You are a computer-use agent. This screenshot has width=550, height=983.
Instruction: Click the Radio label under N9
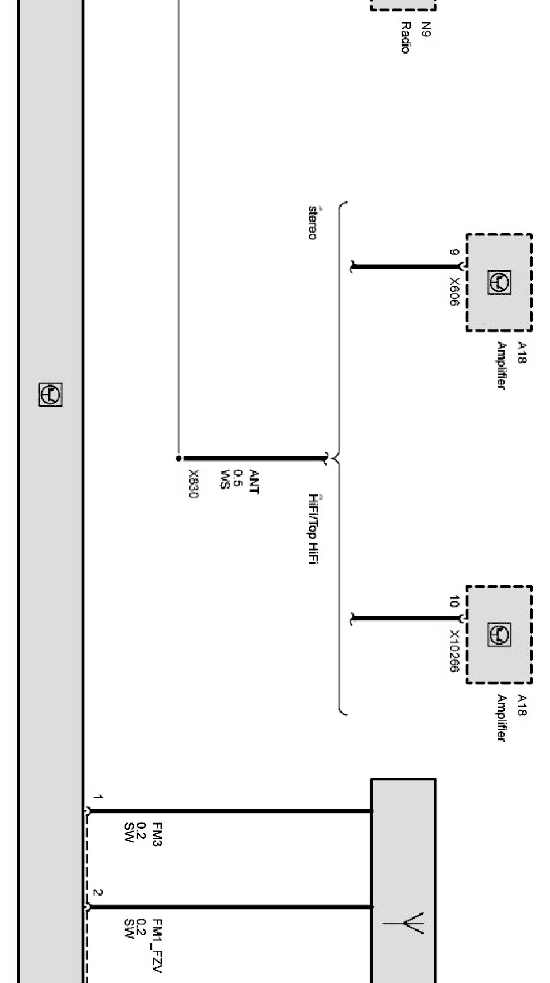[405, 38]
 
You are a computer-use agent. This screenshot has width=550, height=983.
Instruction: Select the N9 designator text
[426, 30]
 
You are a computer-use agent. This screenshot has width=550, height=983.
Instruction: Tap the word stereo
[313, 223]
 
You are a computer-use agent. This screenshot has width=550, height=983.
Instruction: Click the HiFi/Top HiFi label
[313, 529]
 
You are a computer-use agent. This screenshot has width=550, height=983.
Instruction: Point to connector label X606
[454, 292]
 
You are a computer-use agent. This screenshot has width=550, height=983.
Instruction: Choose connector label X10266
[454, 651]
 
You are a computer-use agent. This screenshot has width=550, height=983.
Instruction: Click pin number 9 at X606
[454, 252]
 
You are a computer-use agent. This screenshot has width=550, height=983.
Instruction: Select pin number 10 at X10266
[454, 603]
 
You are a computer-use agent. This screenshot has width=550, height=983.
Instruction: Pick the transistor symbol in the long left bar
[50, 395]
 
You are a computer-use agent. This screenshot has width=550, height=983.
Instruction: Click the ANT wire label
[253, 482]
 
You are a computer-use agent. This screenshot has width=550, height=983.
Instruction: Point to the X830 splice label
[194, 485]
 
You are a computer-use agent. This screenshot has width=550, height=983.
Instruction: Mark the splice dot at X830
[179, 459]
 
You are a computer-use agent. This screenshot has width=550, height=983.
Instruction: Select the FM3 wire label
[157, 835]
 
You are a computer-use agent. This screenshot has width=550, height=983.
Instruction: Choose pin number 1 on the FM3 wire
[98, 797]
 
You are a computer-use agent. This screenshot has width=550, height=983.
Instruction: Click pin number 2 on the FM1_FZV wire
[98, 893]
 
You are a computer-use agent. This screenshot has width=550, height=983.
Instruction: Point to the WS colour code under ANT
[224, 479]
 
